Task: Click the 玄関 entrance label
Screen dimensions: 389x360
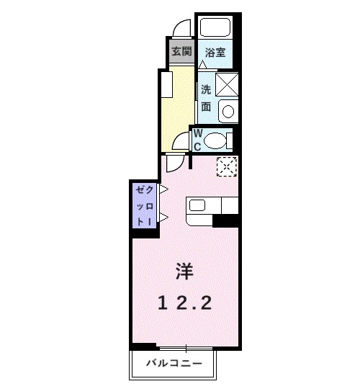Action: click(x=181, y=52)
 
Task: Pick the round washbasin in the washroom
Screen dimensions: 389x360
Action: click(x=228, y=112)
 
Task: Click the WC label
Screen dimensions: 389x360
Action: click(x=198, y=139)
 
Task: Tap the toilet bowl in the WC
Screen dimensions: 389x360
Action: click(x=217, y=140)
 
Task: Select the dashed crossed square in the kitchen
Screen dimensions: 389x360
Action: click(x=227, y=166)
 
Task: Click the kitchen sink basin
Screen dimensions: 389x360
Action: click(x=197, y=205)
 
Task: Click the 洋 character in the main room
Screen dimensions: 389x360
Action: click(x=183, y=271)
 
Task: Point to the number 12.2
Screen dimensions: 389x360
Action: click(x=184, y=304)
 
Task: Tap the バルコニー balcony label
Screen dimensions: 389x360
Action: click(x=174, y=362)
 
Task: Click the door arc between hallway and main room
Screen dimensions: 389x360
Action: click(x=174, y=162)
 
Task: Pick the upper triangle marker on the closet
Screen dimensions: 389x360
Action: click(x=164, y=189)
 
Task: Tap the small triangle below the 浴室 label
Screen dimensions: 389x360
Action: click(x=204, y=65)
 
